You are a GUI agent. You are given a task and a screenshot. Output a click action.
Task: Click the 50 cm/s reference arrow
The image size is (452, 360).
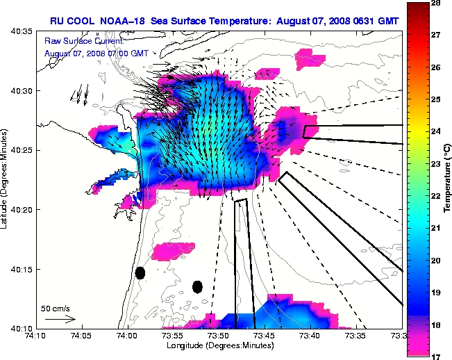click(60, 319)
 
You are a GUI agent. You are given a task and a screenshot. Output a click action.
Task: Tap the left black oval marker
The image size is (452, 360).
click(140, 273)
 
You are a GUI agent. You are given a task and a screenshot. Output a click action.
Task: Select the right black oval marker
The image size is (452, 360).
click(197, 286)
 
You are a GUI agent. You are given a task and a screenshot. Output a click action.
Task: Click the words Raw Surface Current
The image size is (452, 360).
click(73, 41)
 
